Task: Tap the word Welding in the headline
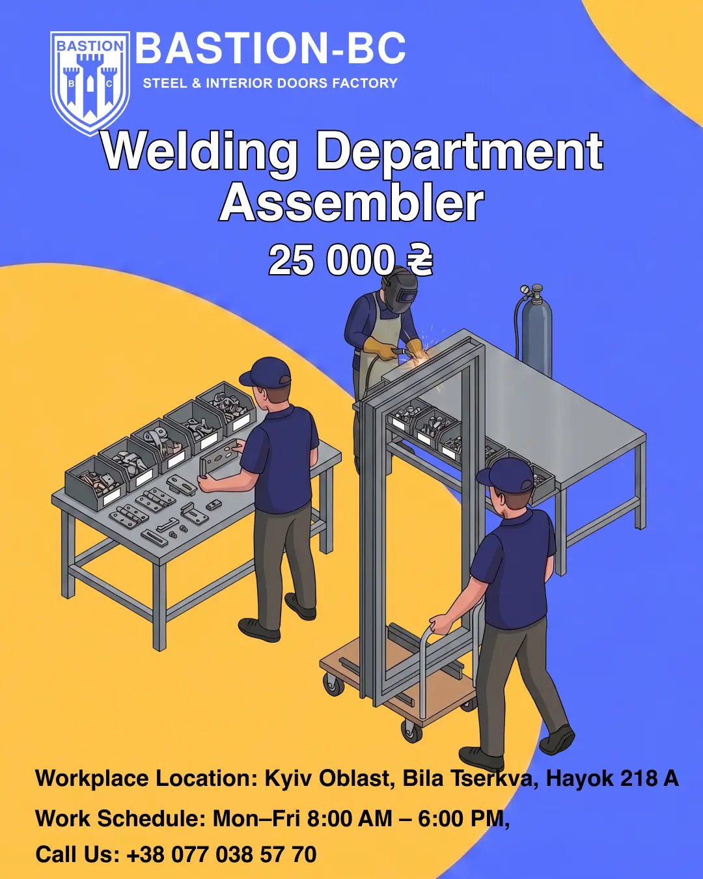199,152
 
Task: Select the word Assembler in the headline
351,202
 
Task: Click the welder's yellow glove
380,348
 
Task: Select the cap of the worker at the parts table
266,372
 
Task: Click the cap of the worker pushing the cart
507,473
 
